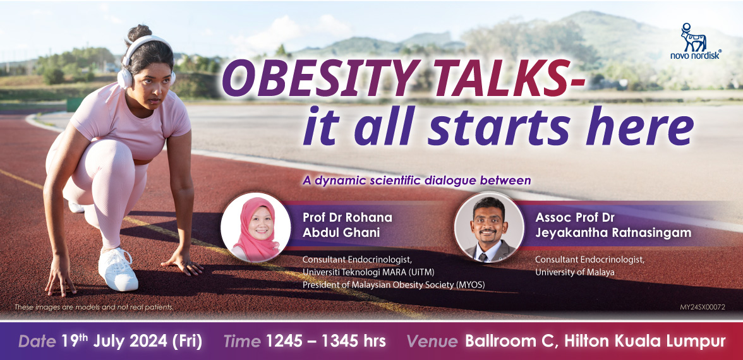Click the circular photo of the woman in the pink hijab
pos(255,227)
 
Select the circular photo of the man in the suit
pos(489,227)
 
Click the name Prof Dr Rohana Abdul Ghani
pos(347,225)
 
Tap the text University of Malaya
pos(569,272)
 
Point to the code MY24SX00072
pos(703,307)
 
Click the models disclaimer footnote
pos(94,307)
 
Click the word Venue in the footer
pos(432,342)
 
